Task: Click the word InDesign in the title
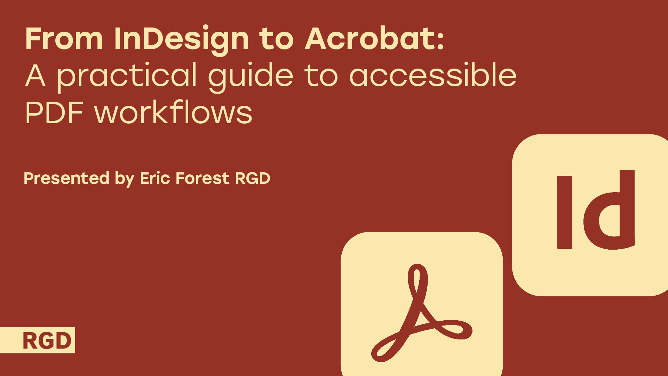coord(181,39)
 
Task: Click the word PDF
coord(54,113)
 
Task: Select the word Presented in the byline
coord(66,178)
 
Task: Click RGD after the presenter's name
coord(253,178)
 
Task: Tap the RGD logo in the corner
coord(47,340)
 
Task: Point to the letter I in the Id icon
coord(564,212)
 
